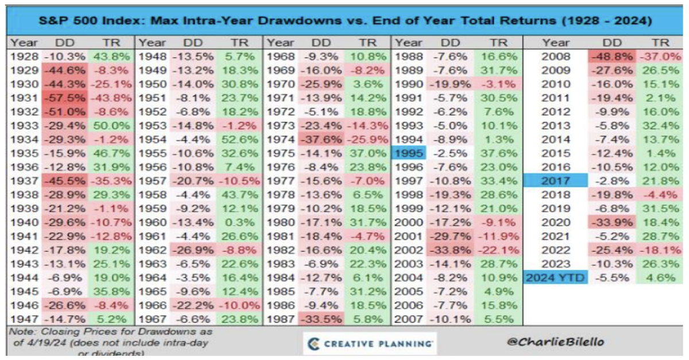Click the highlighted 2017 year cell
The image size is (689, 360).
(556, 181)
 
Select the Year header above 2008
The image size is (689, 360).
(556, 42)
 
